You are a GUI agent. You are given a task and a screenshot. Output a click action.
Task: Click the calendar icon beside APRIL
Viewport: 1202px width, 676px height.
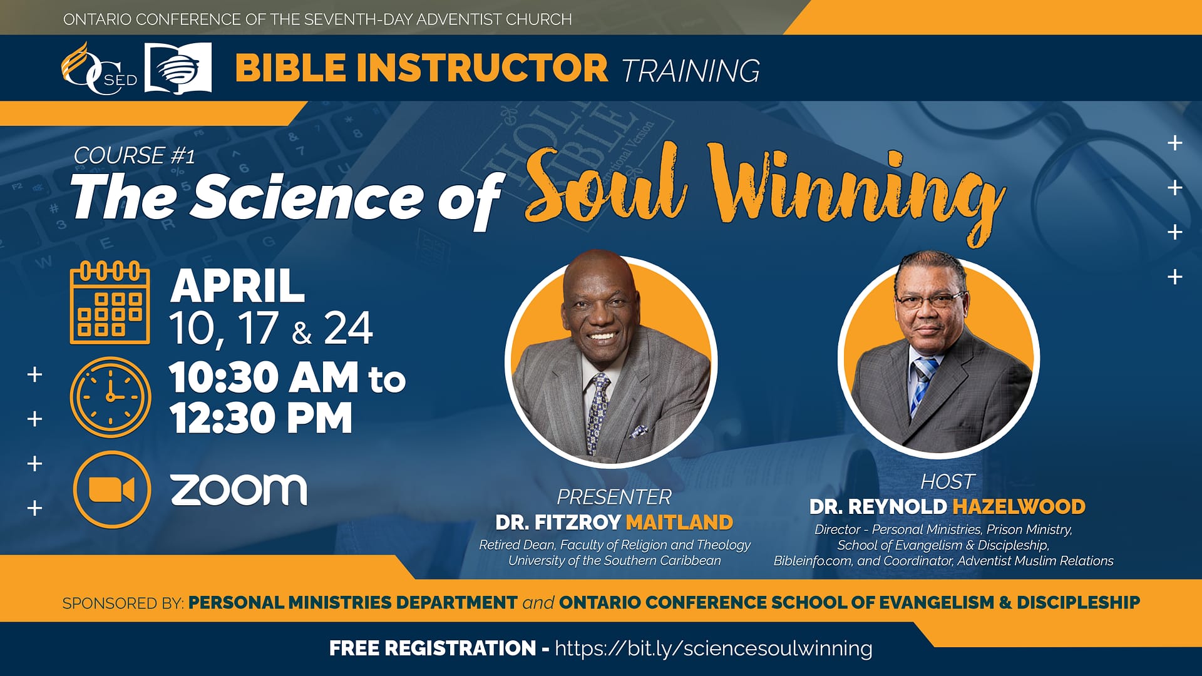point(110,304)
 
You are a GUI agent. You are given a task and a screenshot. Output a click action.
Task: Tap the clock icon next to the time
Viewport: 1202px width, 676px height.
point(111,397)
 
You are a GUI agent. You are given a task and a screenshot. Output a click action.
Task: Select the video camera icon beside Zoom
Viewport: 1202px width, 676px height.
point(111,489)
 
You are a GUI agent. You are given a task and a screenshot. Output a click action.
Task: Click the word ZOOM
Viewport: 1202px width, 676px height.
point(239,489)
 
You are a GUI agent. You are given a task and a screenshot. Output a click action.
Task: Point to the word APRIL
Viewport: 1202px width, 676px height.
point(238,287)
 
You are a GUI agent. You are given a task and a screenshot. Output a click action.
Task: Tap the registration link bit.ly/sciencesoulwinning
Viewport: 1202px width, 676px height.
point(713,648)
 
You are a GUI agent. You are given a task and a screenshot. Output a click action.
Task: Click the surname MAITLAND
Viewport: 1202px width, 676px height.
point(679,522)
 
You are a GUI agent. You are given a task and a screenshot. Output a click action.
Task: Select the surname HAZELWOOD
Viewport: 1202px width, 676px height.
point(1019,506)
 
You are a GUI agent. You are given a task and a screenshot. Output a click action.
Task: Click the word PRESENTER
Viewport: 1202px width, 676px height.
point(614,497)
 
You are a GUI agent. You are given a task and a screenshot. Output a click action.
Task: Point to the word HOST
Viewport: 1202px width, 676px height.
point(947,481)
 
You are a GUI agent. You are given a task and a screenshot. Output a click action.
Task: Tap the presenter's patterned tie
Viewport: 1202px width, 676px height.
point(596,410)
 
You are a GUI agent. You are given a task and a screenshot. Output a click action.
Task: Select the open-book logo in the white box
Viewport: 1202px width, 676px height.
point(178,68)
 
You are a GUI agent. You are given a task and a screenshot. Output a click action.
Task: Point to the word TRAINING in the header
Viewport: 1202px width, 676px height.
point(691,70)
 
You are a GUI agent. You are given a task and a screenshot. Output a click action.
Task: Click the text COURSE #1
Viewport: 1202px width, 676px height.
point(134,155)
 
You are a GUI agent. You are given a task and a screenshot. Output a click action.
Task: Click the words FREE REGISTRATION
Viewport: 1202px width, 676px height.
point(433,648)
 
